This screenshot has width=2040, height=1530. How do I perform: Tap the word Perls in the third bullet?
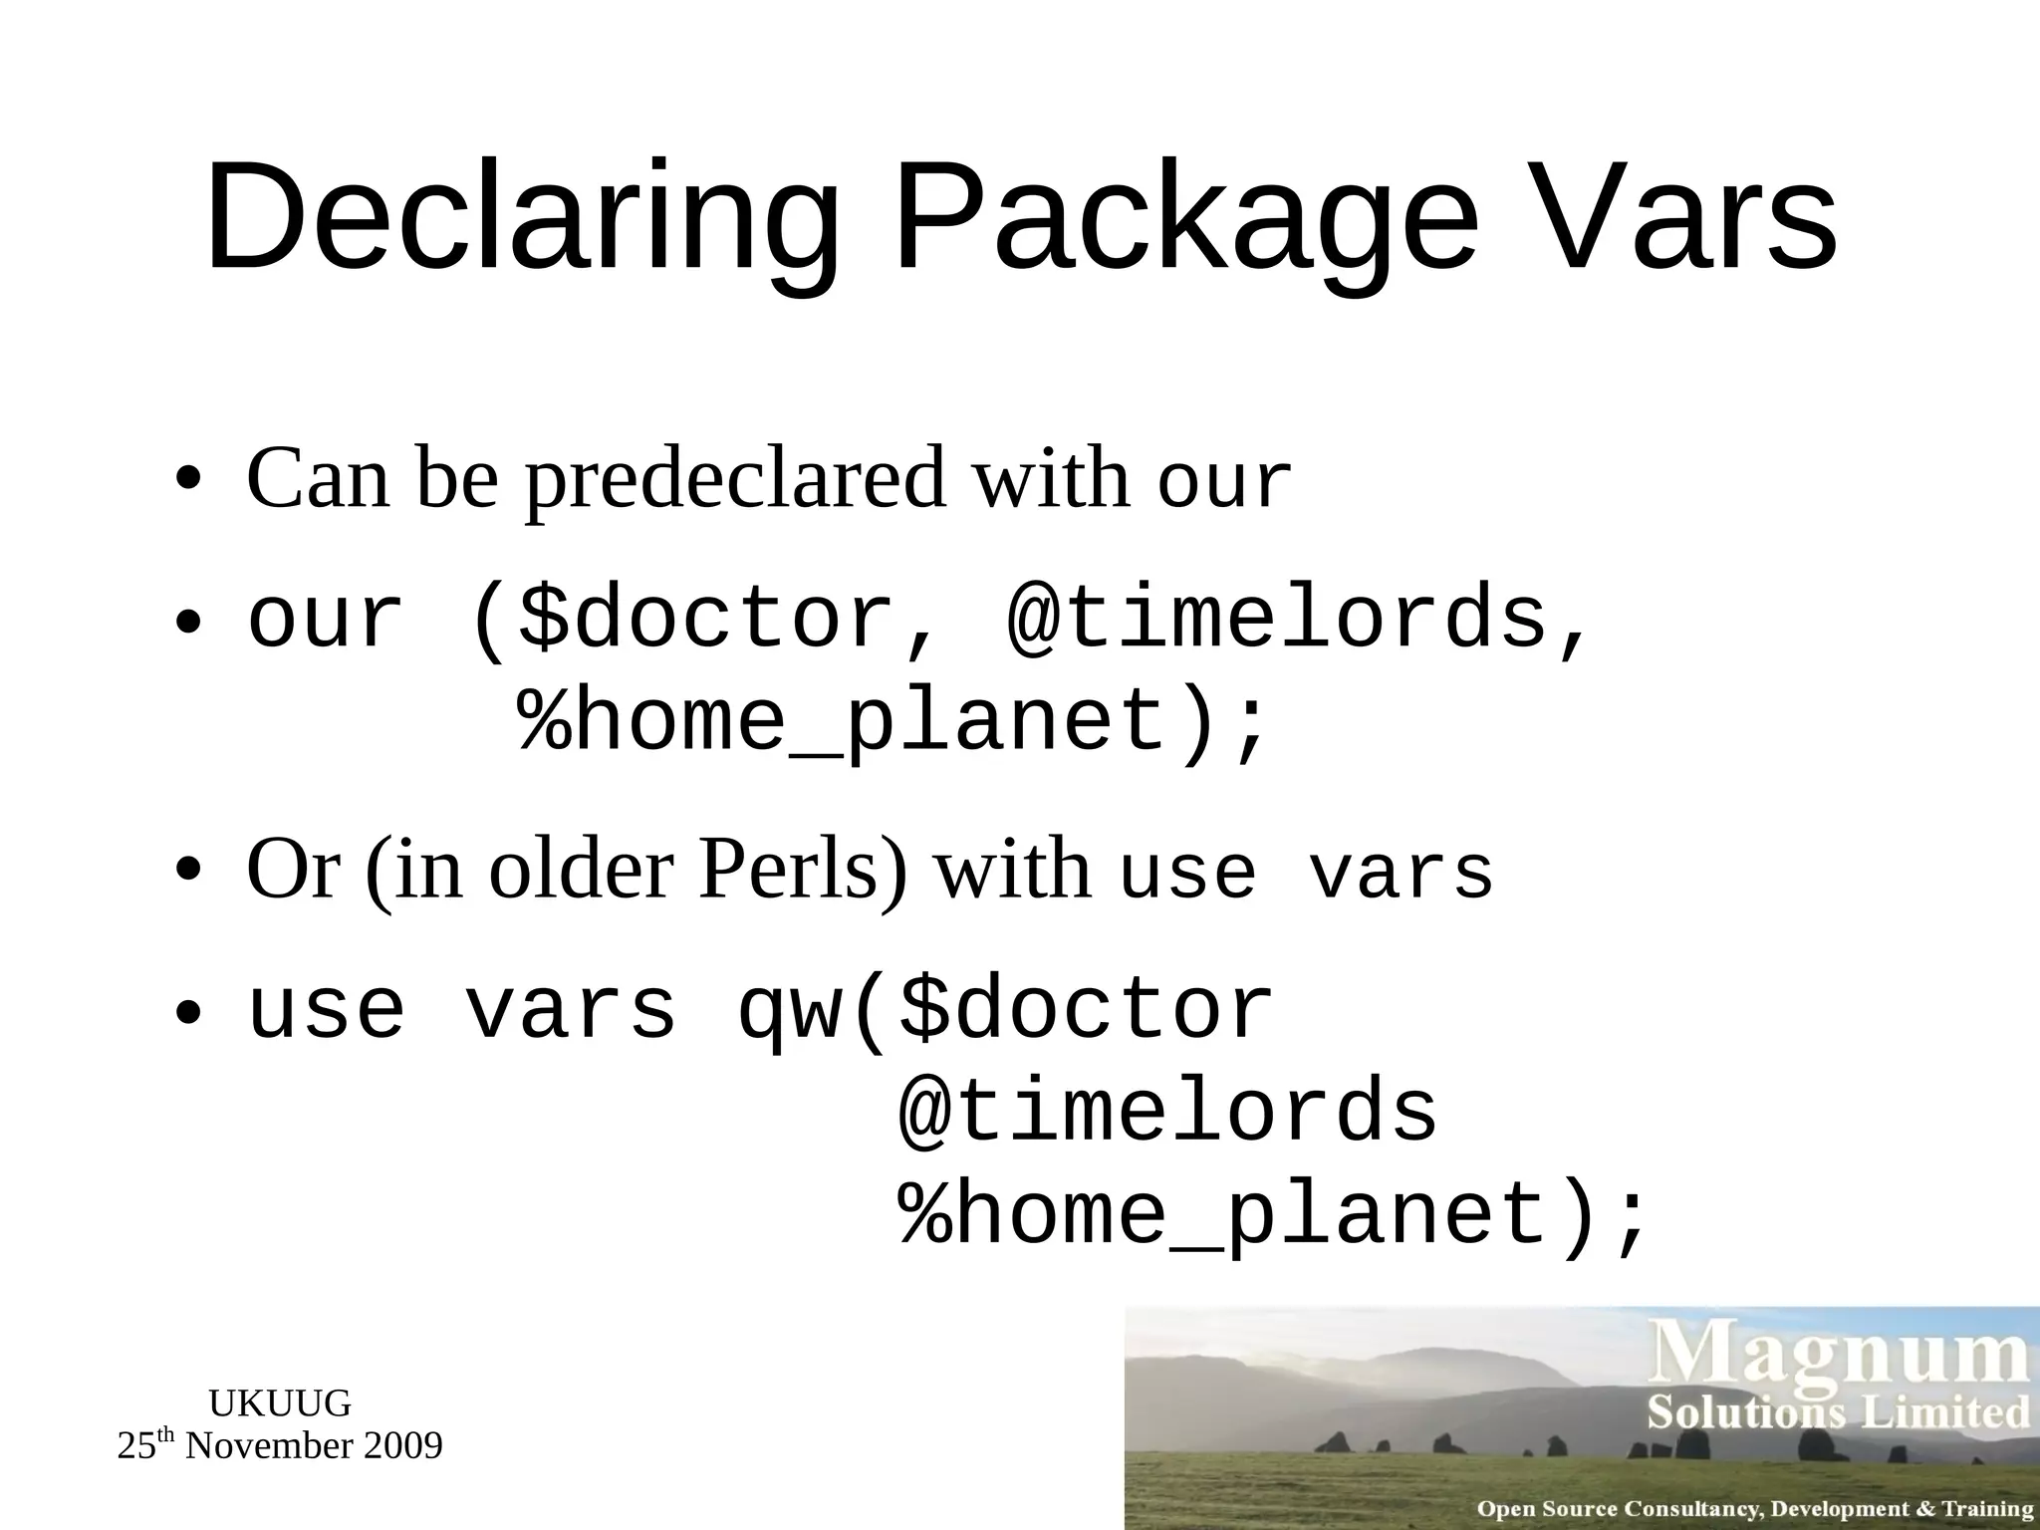coord(803,870)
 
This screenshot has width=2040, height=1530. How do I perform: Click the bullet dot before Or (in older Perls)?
coord(187,873)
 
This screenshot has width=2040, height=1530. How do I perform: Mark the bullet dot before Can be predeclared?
coord(187,481)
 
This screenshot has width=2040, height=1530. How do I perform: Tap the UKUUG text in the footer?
coord(280,1403)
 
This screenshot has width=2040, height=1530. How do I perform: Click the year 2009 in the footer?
coord(402,1445)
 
